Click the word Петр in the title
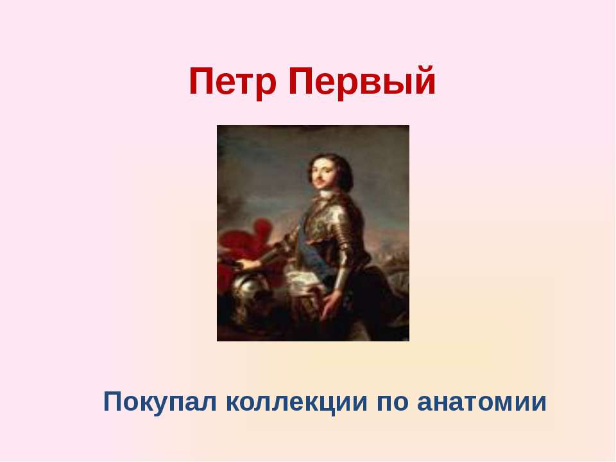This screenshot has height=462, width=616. point(232,81)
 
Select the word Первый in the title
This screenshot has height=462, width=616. point(362,81)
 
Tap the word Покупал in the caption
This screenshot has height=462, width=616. point(160,402)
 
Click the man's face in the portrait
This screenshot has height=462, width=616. point(322,173)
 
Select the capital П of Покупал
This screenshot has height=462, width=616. point(113,402)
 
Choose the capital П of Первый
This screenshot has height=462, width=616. point(301,81)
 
